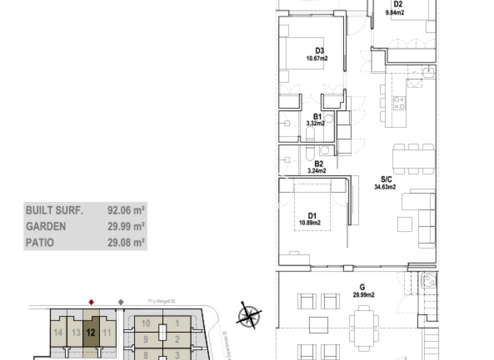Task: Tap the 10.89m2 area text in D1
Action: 310,222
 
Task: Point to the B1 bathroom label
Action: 317,116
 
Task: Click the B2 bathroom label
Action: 318,164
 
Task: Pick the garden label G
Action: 362,287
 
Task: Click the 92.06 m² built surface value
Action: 126,210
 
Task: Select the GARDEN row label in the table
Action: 45,226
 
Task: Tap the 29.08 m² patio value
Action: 126,243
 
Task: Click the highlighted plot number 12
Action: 91,333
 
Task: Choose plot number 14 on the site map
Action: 58,333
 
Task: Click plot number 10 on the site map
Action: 146,323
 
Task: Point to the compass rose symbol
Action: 249,316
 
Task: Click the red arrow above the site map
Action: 91,302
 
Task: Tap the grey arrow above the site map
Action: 120,302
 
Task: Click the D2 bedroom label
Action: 398,3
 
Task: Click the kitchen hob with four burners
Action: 400,103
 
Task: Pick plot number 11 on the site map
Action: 106,333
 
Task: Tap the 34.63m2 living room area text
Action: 385,187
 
